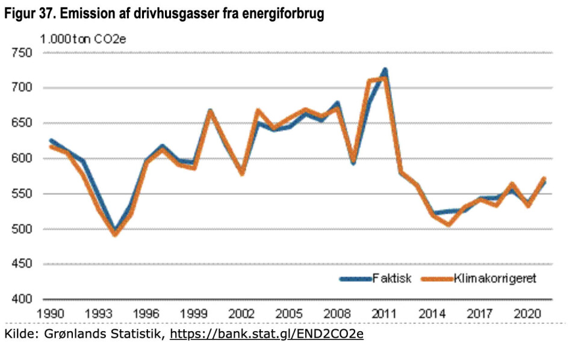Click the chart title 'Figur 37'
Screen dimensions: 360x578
tap(164, 14)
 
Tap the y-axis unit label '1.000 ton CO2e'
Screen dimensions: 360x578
tap(84, 40)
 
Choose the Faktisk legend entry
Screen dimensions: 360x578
tap(376, 279)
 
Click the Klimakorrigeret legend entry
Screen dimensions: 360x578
tap(479, 279)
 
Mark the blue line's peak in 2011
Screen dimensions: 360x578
tap(384, 70)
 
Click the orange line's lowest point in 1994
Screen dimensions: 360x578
tap(115, 234)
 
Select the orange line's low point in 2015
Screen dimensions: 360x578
tap(449, 225)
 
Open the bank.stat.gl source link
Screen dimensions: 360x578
tap(267, 334)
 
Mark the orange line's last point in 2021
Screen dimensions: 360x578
tap(544, 179)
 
